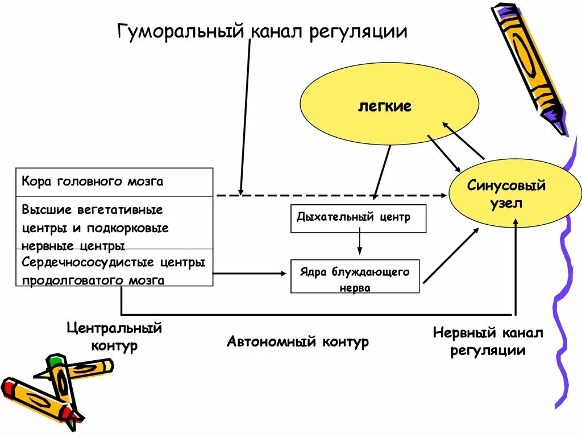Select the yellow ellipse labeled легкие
click(384, 106)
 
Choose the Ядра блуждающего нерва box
click(355, 277)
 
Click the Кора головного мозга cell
click(114, 182)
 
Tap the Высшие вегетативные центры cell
click(114, 226)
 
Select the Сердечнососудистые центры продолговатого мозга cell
click(114, 271)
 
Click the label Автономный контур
click(298, 342)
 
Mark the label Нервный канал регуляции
click(488, 341)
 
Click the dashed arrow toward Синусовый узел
click(341, 195)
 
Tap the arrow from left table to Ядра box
click(250, 274)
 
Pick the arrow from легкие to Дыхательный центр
click(382, 171)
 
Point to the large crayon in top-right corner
click(529, 63)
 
